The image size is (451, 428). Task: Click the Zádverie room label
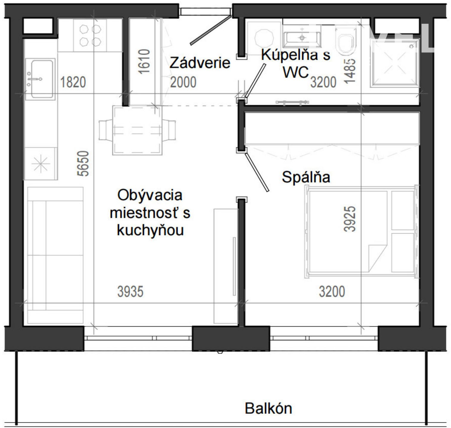tap(200, 63)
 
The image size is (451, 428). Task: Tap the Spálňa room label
tap(306, 177)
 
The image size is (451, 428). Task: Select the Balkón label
tap(268, 408)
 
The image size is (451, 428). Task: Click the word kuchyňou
tap(150, 230)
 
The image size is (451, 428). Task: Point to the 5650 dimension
tap(85, 163)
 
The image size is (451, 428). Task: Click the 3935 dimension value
tap(130, 292)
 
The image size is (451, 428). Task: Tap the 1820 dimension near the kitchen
tap(73, 82)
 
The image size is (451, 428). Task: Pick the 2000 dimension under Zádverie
tap(183, 82)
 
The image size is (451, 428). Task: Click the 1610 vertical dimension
tap(144, 62)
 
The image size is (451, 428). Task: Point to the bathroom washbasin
tap(302, 37)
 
